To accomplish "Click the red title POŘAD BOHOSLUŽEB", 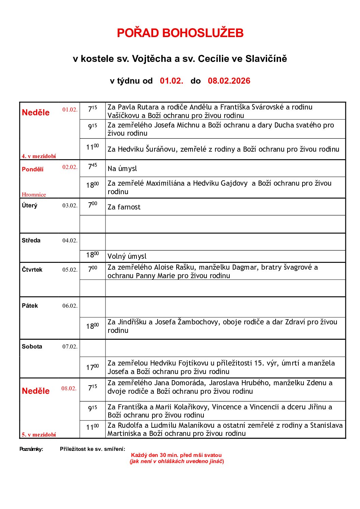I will tap(180, 33).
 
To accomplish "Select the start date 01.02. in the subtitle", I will tap(171, 81).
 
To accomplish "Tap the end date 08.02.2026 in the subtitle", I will tap(229, 81).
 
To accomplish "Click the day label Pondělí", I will tap(33, 169).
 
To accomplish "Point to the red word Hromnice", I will tap(34, 194).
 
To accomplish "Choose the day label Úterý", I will tap(30, 205).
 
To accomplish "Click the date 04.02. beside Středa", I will tap(70, 240).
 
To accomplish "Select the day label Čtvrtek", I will tap(32, 270).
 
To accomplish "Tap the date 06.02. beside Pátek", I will tap(70, 306).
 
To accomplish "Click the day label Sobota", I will tap(32, 346).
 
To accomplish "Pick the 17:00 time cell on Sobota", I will tap(92, 367).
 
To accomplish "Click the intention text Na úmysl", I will tap(122, 168).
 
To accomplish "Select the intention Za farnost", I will tap(124, 207).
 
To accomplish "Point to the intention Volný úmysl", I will tap(127, 256).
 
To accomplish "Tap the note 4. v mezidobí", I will tap(39, 156).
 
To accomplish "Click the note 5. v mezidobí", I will tap(39, 435).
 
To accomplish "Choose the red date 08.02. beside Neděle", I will tap(69, 388).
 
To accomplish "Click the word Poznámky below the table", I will tap(31, 449).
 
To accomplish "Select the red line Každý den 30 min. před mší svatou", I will tap(176, 455).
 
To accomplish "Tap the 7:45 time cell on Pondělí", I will tap(92, 167).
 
